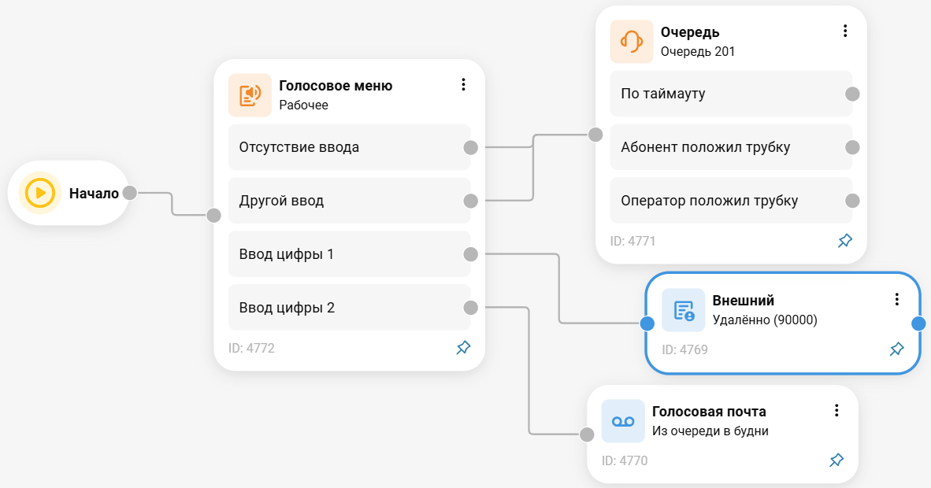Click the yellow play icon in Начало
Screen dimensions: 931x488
coord(40,193)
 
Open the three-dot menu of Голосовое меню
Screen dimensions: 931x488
coord(463,85)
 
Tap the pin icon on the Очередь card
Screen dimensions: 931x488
coord(845,241)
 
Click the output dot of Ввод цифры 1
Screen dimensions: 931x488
coord(471,253)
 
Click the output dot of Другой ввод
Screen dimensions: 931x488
coord(471,201)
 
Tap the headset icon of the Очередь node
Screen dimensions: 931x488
coord(632,42)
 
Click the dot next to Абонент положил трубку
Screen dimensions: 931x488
coord(851,147)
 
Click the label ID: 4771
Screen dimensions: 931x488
coord(632,241)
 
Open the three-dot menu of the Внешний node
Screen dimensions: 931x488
coord(896,299)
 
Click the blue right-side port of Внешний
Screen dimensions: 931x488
coord(918,323)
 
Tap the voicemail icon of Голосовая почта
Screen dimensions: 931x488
coord(623,421)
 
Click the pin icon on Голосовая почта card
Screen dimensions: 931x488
coord(836,460)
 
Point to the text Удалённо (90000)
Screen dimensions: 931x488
coord(765,320)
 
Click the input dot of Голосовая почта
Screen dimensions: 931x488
coord(587,434)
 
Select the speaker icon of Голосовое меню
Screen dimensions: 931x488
coord(250,95)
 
